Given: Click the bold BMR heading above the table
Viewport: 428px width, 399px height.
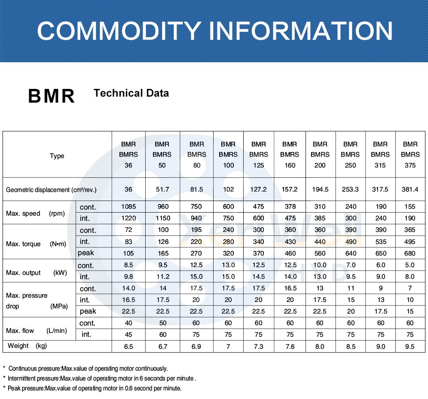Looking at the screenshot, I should (x=52, y=96).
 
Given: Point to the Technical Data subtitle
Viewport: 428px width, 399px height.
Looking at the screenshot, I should (x=131, y=93).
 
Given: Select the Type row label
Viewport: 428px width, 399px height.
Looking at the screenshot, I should (x=57, y=156).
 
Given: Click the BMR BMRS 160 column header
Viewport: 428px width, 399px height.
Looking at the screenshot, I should (x=290, y=155).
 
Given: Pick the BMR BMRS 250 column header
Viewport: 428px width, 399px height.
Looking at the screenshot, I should (x=350, y=155).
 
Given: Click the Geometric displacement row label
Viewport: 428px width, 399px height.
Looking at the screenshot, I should (x=51, y=189).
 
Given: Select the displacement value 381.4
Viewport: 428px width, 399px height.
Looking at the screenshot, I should (x=410, y=189).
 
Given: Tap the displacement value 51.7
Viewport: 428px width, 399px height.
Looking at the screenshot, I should (x=162, y=189).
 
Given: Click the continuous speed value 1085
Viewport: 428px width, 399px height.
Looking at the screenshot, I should (x=128, y=207).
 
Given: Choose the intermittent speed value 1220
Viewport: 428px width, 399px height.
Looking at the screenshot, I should (x=128, y=218).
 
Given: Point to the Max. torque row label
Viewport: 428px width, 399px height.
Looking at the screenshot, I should (x=36, y=244).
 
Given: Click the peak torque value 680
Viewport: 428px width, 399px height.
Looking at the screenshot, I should (x=410, y=253).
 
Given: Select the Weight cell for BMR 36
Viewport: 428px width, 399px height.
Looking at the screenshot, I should (x=128, y=347).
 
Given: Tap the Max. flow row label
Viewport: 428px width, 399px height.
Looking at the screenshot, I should (x=36, y=331).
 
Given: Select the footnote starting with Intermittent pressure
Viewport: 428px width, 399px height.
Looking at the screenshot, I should (x=101, y=378).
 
